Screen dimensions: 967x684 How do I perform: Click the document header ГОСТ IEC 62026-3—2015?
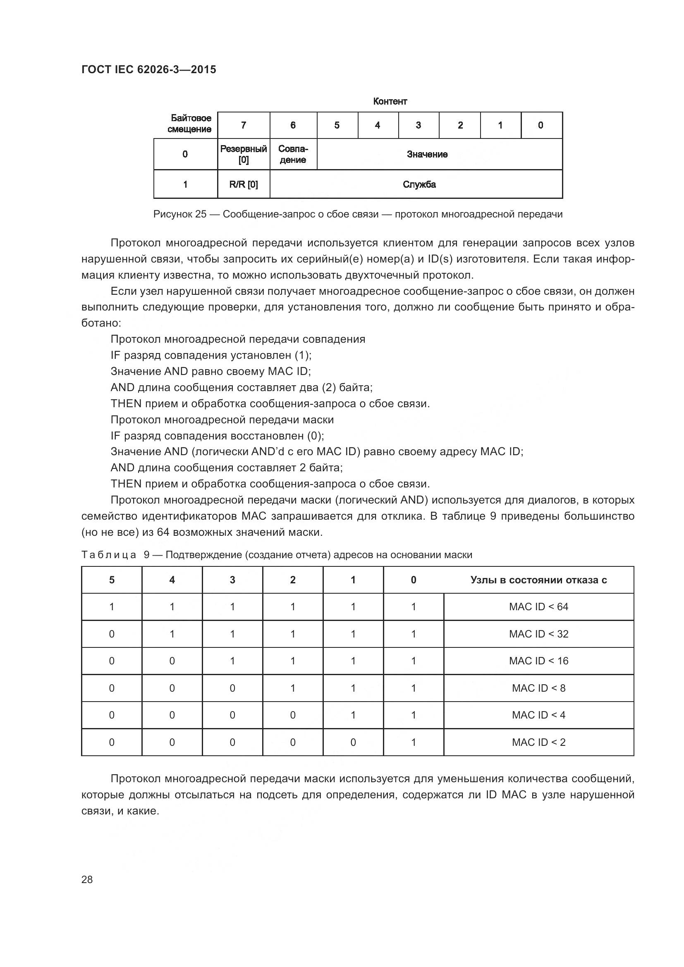click(149, 69)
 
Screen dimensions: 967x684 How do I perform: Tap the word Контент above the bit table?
click(390, 102)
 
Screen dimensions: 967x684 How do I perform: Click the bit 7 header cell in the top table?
click(244, 125)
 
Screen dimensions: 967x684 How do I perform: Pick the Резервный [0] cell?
click(244, 154)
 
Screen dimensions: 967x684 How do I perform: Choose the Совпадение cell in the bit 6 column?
click(293, 154)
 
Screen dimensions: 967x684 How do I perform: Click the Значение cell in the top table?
click(427, 155)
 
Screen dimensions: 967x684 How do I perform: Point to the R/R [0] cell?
click(244, 184)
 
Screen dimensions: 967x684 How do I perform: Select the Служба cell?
click(419, 184)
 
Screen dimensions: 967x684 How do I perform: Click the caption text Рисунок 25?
click(180, 215)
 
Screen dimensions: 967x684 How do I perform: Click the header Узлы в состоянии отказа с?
click(538, 580)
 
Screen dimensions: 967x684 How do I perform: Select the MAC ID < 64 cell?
click(538, 607)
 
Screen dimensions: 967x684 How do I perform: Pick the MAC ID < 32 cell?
click(538, 634)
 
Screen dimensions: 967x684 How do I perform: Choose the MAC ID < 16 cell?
click(538, 661)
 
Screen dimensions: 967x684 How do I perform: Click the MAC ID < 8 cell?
click(538, 688)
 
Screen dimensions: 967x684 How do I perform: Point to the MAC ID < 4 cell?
click(538, 715)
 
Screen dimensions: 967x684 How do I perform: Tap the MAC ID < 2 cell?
click(538, 742)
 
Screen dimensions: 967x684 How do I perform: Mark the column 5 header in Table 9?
click(112, 580)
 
